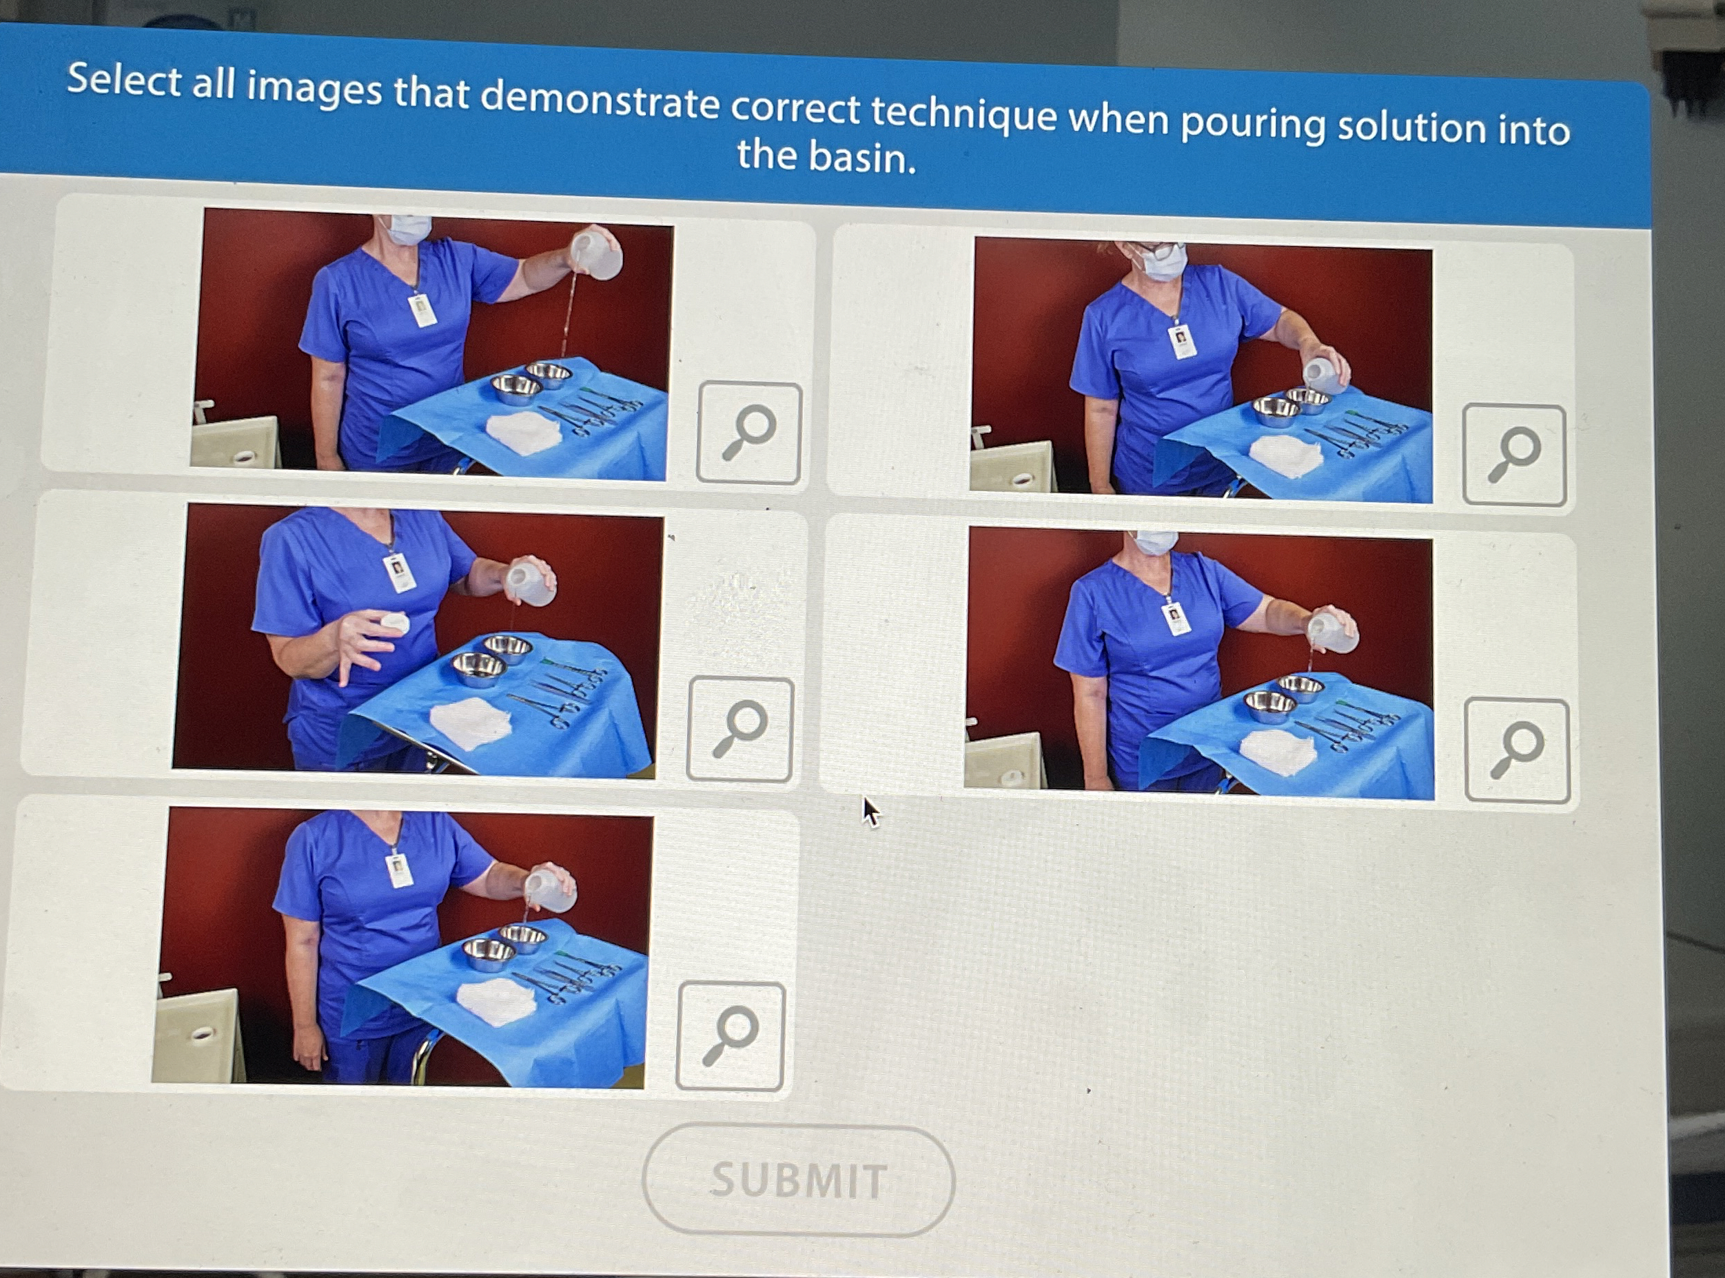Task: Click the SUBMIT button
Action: point(798,1179)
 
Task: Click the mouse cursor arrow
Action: point(871,812)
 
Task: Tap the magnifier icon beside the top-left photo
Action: point(749,433)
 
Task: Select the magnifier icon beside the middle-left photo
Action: point(740,730)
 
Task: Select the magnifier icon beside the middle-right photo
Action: point(1518,750)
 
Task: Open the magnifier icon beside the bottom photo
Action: point(731,1036)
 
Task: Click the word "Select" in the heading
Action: point(124,81)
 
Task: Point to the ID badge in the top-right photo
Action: point(1182,341)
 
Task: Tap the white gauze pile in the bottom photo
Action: point(496,1002)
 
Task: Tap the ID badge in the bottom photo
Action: point(399,869)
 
